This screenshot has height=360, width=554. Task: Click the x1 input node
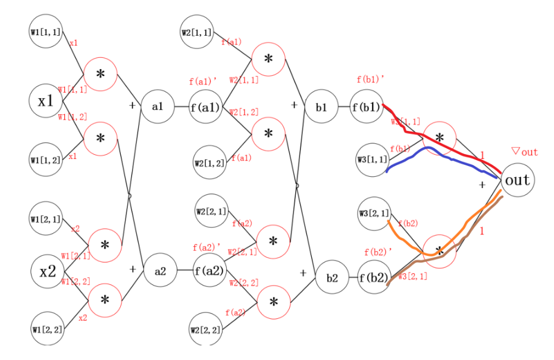[x=46, y=101]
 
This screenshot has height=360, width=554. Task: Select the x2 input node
[x=47, y=272]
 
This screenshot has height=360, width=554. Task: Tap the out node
[x=518, y=180]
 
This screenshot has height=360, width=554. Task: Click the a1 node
[x=157, y=107]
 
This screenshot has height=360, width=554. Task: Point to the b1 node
[x=321, y=108]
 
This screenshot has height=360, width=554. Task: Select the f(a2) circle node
[x=209, y=271]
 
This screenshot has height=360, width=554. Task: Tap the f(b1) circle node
[x=365, y=108]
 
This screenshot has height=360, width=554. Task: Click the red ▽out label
[x=524, y=152]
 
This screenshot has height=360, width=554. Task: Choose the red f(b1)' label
[x=370, y=79]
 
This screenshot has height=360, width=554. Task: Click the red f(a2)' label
[x=206, y=246]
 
